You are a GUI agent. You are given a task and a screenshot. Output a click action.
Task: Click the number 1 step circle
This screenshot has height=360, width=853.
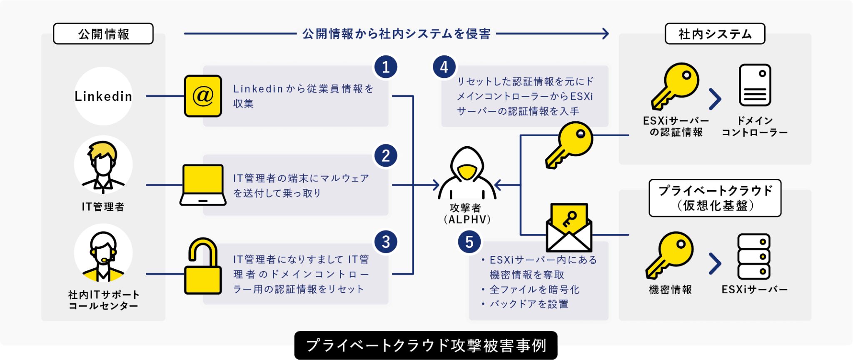point(386,67)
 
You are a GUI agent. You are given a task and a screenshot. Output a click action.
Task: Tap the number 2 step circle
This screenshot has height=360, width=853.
point(386,156)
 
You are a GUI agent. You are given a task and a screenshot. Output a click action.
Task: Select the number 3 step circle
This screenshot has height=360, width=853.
point(386,242)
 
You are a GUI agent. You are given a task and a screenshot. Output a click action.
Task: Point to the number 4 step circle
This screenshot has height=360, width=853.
point(444,67)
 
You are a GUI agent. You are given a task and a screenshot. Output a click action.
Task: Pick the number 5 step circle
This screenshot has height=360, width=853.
point(469,242)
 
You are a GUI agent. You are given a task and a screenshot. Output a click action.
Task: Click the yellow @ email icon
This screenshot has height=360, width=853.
point(203,96)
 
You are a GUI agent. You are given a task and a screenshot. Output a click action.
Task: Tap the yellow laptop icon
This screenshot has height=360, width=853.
point(203,185)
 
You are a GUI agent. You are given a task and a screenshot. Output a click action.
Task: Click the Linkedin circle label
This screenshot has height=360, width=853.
point(103,96)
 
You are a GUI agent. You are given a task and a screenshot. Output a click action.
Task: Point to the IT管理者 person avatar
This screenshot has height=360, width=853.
point(103,165)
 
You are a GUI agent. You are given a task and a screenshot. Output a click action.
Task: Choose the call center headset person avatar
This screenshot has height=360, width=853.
point(103,253)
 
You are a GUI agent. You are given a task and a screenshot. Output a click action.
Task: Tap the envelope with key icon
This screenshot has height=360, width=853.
point(569,227)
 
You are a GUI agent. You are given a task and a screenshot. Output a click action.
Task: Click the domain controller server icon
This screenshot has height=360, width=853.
point(755,85)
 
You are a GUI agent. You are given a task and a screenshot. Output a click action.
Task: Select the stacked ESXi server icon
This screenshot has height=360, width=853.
point(754,256)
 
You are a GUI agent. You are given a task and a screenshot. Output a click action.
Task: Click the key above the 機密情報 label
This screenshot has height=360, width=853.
point(670,255)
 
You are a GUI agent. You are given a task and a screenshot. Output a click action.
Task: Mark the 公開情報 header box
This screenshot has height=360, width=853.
point(103,34)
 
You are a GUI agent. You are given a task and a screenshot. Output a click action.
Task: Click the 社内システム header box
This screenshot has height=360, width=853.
point(715,34)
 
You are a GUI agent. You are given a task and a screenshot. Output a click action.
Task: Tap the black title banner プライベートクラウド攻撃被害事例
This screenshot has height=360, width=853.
point(426,345)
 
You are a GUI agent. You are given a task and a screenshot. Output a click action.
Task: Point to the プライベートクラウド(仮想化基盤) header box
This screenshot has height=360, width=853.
point(715,198)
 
